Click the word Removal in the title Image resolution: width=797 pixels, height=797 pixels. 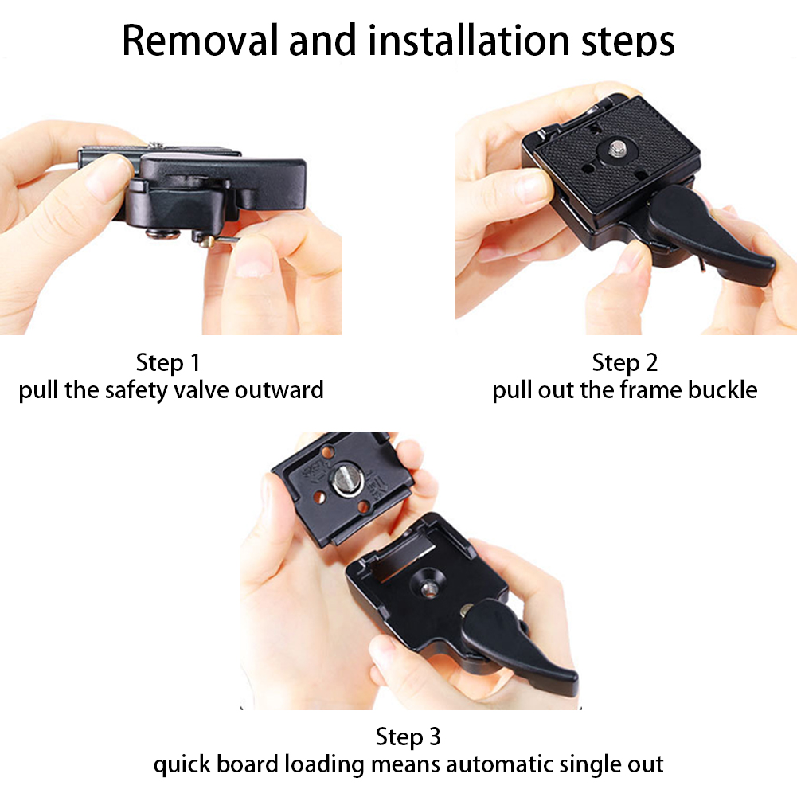pyautogui.click(x=200, y=40)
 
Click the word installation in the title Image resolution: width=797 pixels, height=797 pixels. pyautogui.click(x=468, y=40)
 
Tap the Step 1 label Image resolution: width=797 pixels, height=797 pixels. pyautogui.click(x=168, y=362)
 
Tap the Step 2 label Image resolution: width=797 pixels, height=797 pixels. pyautogui.click(x=625, y=362)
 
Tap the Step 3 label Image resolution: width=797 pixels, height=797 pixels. pyautogui.click(x=408, y=736)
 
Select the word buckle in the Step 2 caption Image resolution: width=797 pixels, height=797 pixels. pyautogui.click(x=722, y=390)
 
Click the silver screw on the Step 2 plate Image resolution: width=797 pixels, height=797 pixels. pyautogui.click(x=616, y=149)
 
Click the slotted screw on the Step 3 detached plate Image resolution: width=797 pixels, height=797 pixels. pyautogui.click(x=348, y=480)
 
